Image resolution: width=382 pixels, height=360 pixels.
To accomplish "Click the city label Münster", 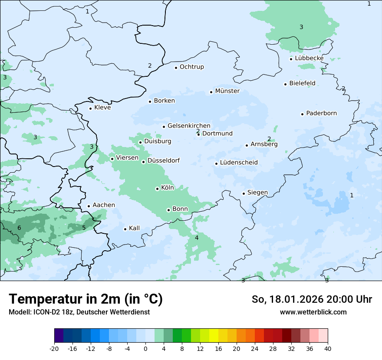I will (227, 91).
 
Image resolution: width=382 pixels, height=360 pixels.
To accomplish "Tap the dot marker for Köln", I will (158, 189).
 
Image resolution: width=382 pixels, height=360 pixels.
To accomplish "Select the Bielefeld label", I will (302, 83).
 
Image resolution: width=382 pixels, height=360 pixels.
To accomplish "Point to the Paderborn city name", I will (321, 114).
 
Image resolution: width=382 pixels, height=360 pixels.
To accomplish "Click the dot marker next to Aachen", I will (89, 206).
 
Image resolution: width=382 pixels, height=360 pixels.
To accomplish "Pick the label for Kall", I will (134, 229).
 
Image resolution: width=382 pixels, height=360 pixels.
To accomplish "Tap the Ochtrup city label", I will (191, 67).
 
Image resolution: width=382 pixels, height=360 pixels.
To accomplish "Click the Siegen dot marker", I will (244, 194).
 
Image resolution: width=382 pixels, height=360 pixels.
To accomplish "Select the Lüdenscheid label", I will (239, 163).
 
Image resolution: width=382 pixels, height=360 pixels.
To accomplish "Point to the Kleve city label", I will (102, 108).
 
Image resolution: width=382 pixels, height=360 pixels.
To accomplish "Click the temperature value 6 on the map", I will (19, 228).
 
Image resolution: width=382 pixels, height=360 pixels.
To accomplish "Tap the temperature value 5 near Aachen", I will (84, 228).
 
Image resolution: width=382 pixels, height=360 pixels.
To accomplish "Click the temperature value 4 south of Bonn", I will (197, 238).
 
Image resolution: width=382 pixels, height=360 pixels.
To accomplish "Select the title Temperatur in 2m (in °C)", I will (86, 299).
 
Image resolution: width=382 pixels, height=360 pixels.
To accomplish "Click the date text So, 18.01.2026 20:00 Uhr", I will (312, 300).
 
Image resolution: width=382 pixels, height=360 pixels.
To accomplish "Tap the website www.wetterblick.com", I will (313, 312).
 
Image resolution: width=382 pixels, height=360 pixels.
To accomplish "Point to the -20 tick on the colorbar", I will (54, 348).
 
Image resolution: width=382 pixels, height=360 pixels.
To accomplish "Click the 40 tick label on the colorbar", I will (328, 348).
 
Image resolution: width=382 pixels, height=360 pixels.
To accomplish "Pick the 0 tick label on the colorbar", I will (145, 348).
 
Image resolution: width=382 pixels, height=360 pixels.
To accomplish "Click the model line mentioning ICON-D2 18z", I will (79, 312).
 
